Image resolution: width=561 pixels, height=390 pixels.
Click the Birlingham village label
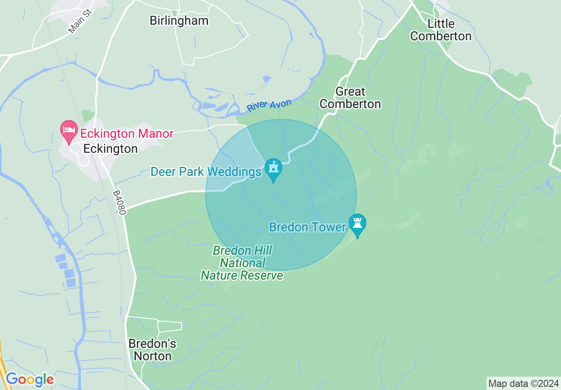(179, 21)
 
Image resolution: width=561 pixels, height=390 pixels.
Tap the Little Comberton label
(441, 30)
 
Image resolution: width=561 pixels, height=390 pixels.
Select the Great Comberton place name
(350, 98)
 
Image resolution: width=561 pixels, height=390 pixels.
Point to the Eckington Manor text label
(127, 133)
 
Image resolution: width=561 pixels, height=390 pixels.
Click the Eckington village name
(111, 149)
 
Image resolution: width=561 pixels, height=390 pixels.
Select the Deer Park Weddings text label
(206, 172)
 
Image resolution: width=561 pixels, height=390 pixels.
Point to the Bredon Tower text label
(307, 227)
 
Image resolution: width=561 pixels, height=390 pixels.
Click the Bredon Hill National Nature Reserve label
(242, 263)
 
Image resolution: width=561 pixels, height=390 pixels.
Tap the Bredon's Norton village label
(152, 350)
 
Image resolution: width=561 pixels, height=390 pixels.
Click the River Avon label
(269, 105)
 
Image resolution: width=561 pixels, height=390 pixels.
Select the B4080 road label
(119, 203)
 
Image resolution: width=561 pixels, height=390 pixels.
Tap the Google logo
(30, 379)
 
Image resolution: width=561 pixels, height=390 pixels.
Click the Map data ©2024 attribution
(523, 383)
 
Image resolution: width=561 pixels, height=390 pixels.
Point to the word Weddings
(236, 172)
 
